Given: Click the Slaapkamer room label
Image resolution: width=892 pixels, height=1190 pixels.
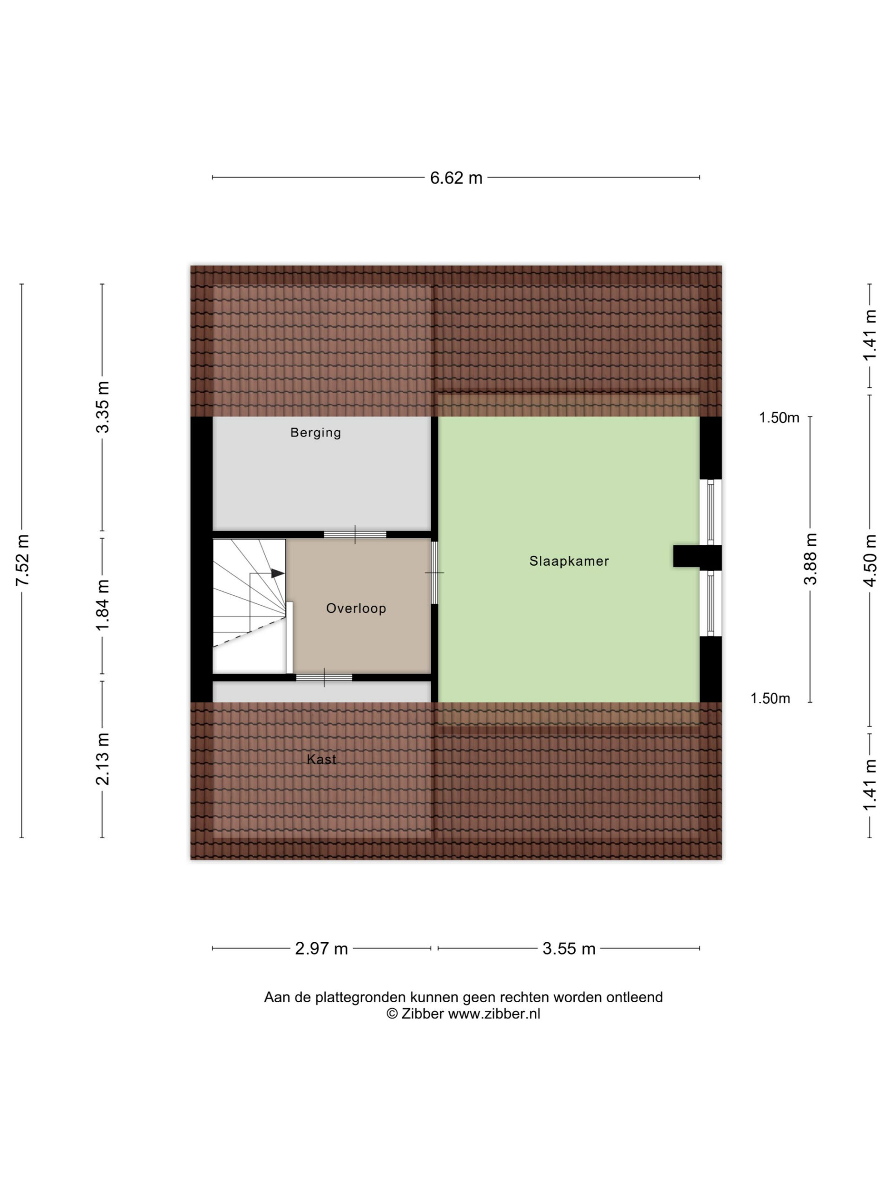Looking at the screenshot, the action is [569, 561].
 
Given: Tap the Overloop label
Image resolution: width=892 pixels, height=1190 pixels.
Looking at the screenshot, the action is [356, 608].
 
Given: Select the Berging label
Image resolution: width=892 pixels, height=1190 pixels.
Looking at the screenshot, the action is [315, 432].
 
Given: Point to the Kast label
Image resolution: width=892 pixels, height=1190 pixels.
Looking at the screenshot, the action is [321, 759].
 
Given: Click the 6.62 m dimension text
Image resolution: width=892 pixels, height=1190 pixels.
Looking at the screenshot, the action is [456, 178].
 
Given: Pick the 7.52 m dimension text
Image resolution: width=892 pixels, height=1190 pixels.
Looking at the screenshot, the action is [22, 561].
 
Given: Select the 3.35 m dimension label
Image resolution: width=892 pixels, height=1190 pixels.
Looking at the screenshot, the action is [102, 407].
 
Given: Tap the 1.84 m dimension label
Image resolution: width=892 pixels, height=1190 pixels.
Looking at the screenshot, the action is [102, 606].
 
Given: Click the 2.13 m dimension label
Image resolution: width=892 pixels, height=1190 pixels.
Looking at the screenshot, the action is [102, 759].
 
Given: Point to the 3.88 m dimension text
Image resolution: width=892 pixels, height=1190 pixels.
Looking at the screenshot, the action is [810, 559].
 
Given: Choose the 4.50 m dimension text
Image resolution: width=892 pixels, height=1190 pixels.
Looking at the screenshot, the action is [869, 561].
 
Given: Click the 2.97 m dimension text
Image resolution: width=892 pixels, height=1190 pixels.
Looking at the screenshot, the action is [321, 948].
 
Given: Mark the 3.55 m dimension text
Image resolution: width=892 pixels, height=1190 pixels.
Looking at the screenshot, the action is [569, 948].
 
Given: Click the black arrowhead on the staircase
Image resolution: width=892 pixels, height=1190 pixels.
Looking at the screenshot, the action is [277, 574].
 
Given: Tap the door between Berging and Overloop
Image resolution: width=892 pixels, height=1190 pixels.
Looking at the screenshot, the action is [355, 534].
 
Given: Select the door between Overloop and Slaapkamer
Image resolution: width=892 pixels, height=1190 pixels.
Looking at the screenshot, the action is [434, 572].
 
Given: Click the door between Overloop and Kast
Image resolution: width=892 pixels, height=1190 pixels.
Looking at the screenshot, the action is [324, 677].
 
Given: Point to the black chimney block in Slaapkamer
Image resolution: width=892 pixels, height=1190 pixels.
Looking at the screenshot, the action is [697, 557].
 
